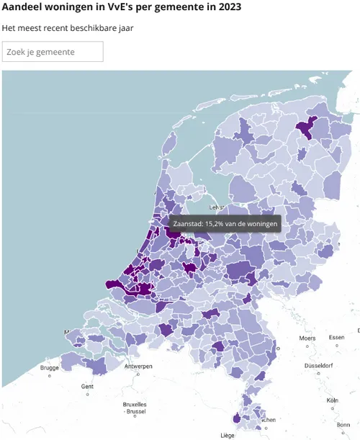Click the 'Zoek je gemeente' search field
coord(53,52)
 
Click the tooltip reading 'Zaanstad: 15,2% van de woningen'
coord(224,223)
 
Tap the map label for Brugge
coord(50,368)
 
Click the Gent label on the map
coord(88,386)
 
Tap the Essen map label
coord(337,338)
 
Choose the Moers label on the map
coord(308,338)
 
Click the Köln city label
coord(333,400)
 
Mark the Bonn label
coord(343,425)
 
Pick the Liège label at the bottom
coord(228,435)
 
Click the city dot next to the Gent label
coord(88,394)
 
